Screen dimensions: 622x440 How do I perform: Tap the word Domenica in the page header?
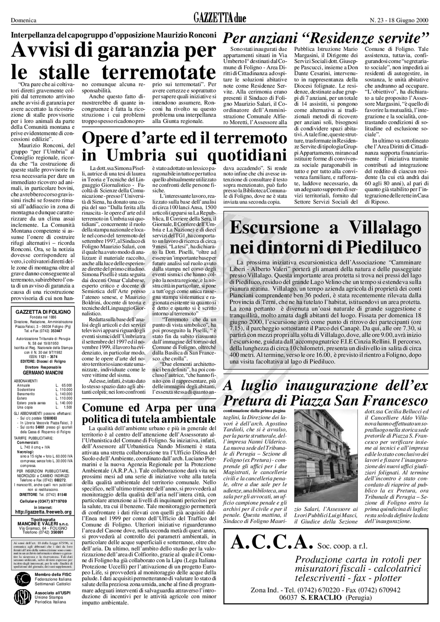(24, 20)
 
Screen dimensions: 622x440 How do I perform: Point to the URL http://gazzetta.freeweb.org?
(43, 512)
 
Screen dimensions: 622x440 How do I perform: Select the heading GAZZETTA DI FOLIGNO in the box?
(43, 312)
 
